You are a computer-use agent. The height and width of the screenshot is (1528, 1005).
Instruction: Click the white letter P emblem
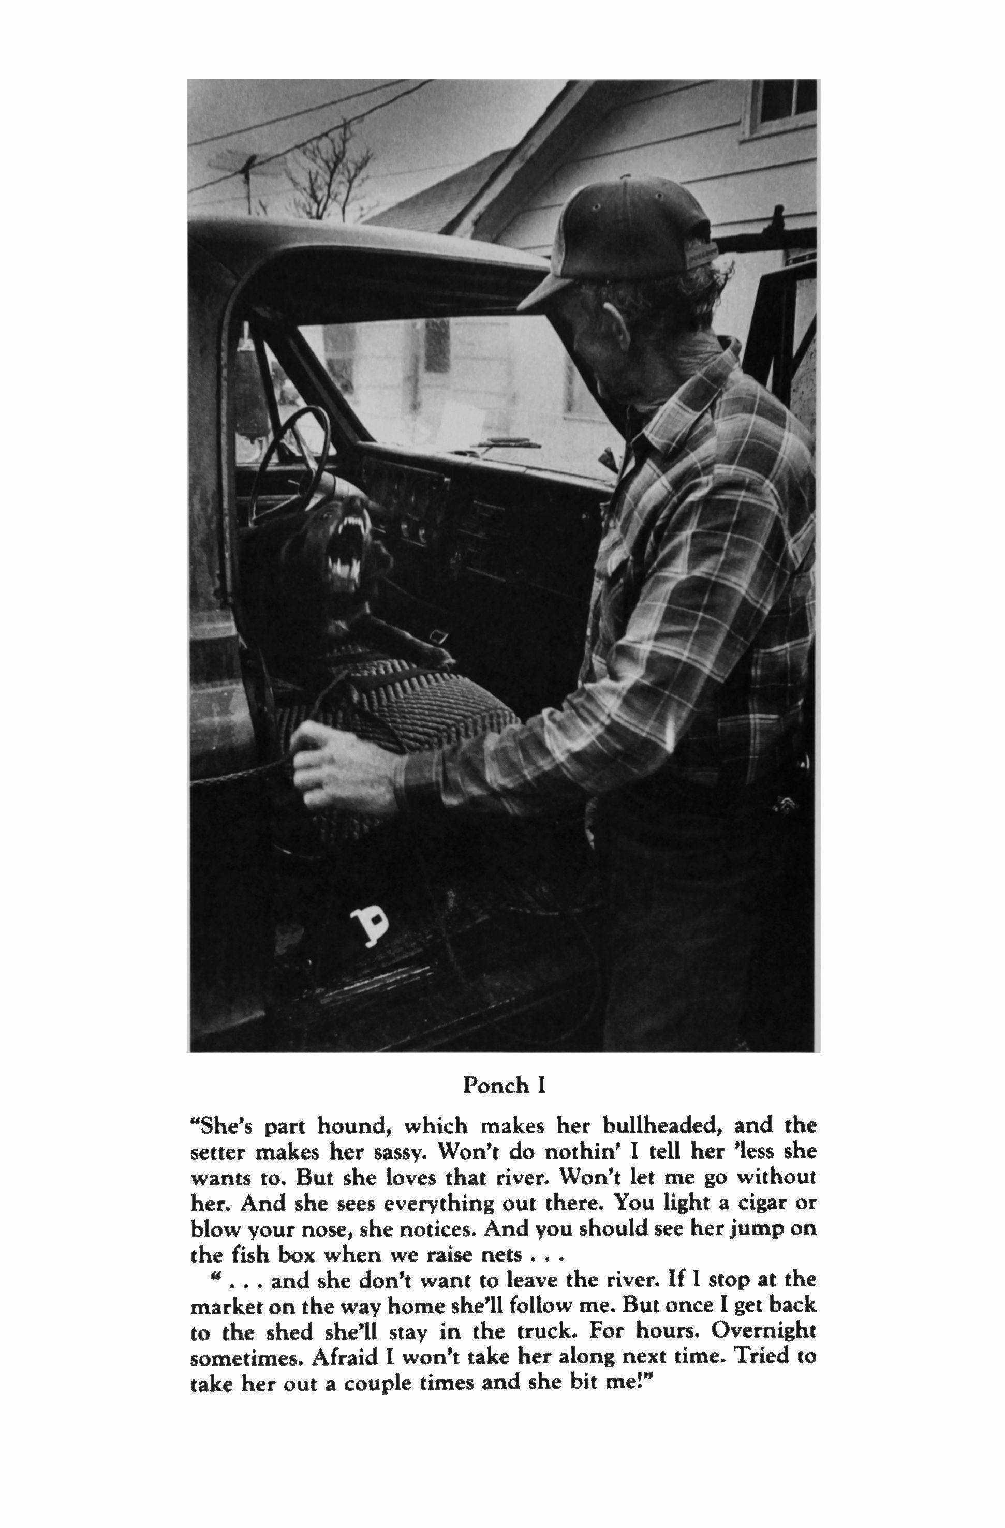371,926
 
